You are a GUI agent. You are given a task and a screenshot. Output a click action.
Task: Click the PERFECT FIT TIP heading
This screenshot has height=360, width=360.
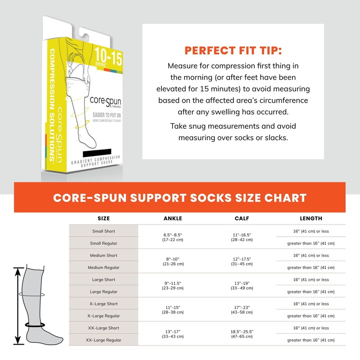click(x=233, y=49)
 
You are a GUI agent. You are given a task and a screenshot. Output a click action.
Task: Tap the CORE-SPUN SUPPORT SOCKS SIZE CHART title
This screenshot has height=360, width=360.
click(x=180, y=198)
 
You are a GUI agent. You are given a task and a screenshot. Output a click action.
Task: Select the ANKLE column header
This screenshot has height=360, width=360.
click(x=173, y=219)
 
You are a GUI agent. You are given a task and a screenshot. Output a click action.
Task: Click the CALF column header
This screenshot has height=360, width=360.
click(x=242, y=219)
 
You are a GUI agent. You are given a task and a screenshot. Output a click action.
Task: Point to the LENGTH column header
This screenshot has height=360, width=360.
click(x=311, y=219)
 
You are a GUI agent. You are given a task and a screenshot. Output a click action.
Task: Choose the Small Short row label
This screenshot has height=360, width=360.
click(x=103, y=231)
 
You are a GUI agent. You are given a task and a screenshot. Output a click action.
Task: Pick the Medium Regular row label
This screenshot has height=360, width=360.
click(x=103, y=267)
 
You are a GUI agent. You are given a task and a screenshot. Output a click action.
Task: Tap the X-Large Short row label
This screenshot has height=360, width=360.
click(x=103, y=304)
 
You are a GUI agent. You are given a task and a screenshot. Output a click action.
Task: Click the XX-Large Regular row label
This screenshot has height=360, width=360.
click(x=103, y=340)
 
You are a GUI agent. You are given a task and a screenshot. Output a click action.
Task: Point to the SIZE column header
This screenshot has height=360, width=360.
click(x=103, y=219)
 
